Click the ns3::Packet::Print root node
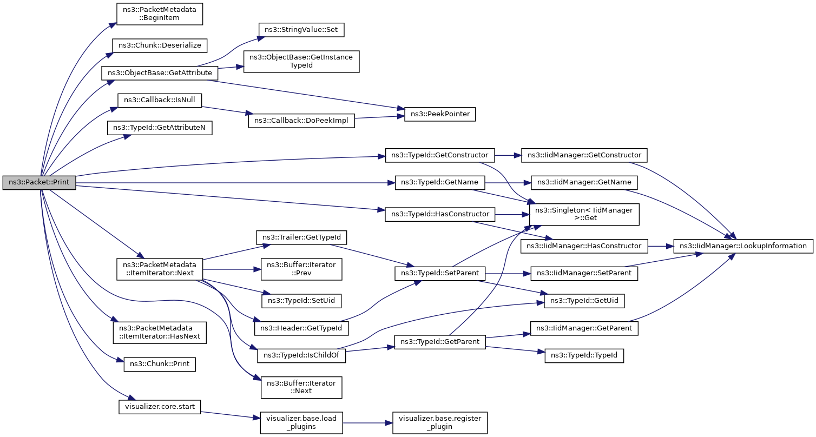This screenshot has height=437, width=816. point(40,182)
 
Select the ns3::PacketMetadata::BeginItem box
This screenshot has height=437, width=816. point(160,14)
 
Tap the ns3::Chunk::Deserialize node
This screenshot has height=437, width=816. point(160,45)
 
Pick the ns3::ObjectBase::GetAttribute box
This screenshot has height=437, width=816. point(160,73)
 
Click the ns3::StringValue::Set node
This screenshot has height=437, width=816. point(301,30)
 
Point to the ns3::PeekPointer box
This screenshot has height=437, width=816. point(440,114)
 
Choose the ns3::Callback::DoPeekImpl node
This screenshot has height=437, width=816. point(301,121)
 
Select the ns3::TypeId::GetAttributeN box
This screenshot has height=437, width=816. point(160,128)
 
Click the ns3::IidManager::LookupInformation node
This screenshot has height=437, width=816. point(743,246)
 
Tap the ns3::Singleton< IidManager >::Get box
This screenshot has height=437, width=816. point(584,215)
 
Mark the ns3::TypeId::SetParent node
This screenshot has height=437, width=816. point(440,274)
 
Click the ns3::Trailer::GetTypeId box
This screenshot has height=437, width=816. point(301,238)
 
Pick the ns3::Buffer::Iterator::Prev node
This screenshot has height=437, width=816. point(301,269)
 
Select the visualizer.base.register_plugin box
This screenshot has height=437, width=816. point(440,423)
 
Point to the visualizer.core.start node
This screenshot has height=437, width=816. point(160,407)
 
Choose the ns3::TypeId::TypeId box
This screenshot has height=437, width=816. point(584,355)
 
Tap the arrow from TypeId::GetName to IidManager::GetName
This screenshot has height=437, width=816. point(508,183)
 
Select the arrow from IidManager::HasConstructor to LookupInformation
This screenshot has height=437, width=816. point(661,247)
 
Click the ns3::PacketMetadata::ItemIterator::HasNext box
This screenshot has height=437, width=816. point(160,333)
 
